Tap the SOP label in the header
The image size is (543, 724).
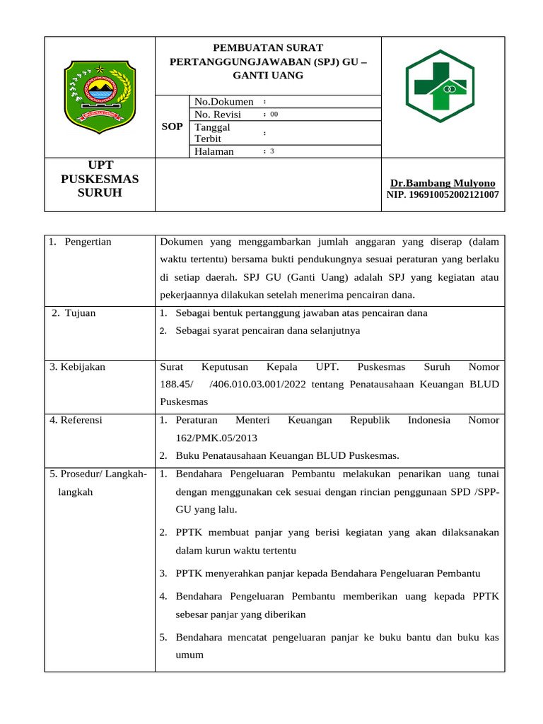172,126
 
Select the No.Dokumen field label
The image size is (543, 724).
223,102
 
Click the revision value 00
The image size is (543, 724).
274,115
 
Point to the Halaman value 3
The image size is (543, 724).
272,151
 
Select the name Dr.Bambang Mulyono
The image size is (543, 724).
443,182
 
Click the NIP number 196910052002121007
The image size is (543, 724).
443,194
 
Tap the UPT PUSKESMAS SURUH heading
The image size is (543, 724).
100,179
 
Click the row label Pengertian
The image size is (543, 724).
87,242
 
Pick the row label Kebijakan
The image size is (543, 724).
77,366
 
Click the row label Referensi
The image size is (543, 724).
76,420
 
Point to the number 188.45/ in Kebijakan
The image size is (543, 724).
177,384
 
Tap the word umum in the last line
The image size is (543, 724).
189,655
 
